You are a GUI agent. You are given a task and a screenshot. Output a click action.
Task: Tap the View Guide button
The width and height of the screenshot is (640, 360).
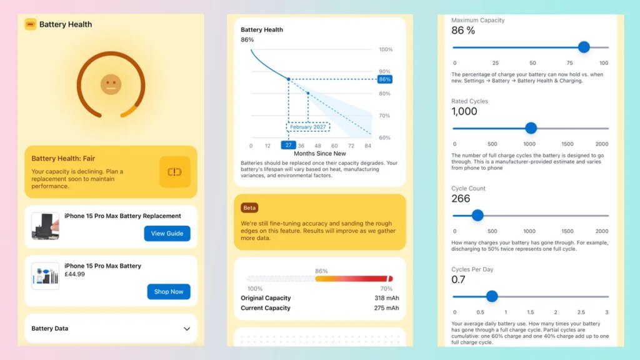167,233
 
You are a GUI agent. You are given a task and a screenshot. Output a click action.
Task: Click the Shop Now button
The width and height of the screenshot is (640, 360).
169,291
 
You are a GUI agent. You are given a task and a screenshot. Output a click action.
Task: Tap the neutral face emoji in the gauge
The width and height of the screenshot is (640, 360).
111,84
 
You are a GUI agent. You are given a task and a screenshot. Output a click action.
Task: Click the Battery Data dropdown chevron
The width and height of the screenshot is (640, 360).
186,329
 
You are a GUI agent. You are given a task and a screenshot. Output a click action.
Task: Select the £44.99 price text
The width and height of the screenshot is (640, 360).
74,274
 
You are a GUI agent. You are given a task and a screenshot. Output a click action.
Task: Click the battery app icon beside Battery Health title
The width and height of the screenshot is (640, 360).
30,24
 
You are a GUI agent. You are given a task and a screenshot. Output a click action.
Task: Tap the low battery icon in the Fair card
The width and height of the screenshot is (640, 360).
174,172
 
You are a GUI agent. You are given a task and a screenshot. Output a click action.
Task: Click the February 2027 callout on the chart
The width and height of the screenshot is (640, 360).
307,127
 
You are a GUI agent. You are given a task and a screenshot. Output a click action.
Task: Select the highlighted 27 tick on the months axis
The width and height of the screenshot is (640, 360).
287,145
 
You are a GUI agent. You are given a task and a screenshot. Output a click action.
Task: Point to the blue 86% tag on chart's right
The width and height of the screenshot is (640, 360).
384,79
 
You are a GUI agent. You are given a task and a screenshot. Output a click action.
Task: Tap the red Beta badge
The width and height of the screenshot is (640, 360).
250,207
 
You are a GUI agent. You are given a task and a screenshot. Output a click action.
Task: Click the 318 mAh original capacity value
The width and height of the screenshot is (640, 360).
386,298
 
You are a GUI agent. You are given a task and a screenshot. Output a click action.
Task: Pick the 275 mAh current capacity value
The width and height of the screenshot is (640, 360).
386,308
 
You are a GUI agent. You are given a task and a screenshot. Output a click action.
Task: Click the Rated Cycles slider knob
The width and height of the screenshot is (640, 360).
531,128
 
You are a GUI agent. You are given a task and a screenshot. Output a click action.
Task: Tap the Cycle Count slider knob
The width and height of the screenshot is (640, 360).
477,216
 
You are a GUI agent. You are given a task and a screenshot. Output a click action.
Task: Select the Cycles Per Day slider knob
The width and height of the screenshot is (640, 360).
492,296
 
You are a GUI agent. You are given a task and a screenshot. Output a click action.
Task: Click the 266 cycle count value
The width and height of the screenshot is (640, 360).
460,199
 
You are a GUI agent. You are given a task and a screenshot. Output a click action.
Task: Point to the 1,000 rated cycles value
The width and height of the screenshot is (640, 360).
464,111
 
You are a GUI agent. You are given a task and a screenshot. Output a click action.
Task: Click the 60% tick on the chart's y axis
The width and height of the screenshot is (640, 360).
386,137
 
